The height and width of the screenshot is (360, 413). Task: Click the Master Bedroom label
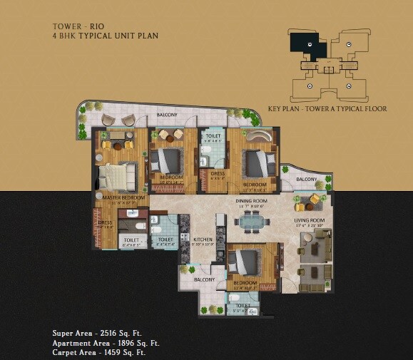click(123, 197)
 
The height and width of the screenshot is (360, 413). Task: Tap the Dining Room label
click(250, 201)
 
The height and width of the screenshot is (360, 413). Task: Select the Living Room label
click(310, 221)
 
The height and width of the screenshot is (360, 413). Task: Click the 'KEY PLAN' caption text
click(283, 109)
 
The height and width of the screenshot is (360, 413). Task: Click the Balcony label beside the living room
click(307, 179)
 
